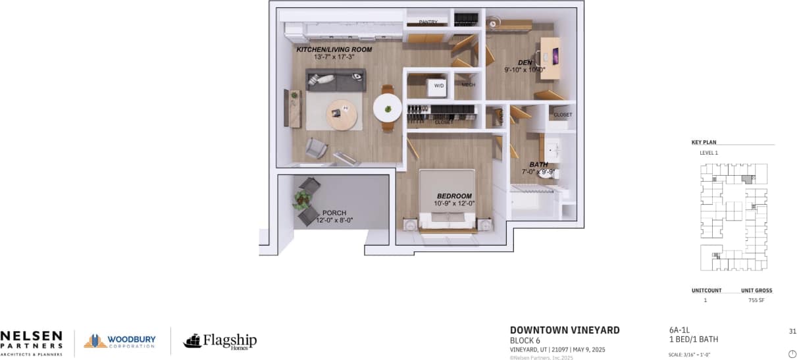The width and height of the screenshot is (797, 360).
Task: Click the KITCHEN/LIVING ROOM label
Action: coord(334,49)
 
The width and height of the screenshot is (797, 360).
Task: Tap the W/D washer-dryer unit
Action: coord(438,86)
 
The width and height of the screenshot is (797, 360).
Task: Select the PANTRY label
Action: coord(428,22)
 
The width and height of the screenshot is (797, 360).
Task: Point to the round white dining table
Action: coord(388,107)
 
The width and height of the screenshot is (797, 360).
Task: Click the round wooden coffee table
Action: coord(344,116)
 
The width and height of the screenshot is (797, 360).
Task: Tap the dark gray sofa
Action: coord(335,81)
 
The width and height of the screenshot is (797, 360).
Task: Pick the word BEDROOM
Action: coord(454,196)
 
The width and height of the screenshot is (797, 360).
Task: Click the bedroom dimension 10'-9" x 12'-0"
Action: coord(454,203)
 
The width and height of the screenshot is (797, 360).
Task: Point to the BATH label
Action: coord(538,165)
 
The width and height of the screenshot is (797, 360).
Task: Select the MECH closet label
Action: coord(468,85)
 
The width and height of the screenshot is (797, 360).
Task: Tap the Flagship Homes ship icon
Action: coord(192,340)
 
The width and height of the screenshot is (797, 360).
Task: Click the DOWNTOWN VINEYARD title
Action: coord(565,330)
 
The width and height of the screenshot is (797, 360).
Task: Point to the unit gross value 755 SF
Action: coord(756,301)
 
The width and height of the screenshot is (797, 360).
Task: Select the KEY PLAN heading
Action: coord(704,142)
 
